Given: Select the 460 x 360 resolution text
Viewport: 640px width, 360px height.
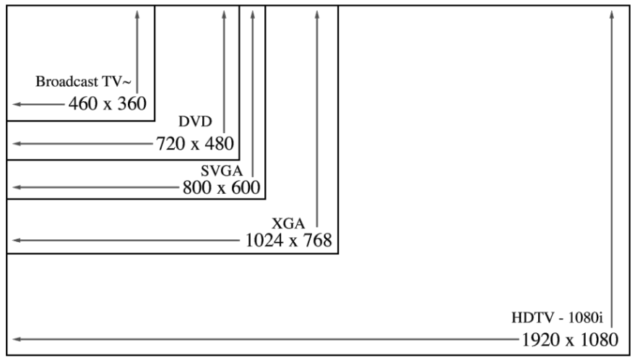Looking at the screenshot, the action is coord(108,103).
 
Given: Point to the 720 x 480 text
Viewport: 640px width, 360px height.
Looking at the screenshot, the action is coord(194,143).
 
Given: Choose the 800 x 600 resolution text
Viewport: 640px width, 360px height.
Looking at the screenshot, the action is coord(221,188).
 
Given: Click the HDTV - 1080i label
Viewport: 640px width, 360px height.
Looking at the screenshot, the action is coord(556,317).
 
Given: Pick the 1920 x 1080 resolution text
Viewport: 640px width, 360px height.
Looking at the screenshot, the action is coord(569,339).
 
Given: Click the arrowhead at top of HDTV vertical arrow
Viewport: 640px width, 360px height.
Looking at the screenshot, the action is coord(613,14).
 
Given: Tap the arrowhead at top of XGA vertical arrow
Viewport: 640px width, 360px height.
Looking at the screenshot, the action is coord(316,14).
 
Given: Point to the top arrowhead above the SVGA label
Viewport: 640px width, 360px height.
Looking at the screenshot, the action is coord(252,14).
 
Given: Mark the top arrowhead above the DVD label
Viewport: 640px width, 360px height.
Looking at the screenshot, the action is coord(224,14).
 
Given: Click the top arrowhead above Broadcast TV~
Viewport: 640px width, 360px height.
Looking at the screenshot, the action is coord(137,14).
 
